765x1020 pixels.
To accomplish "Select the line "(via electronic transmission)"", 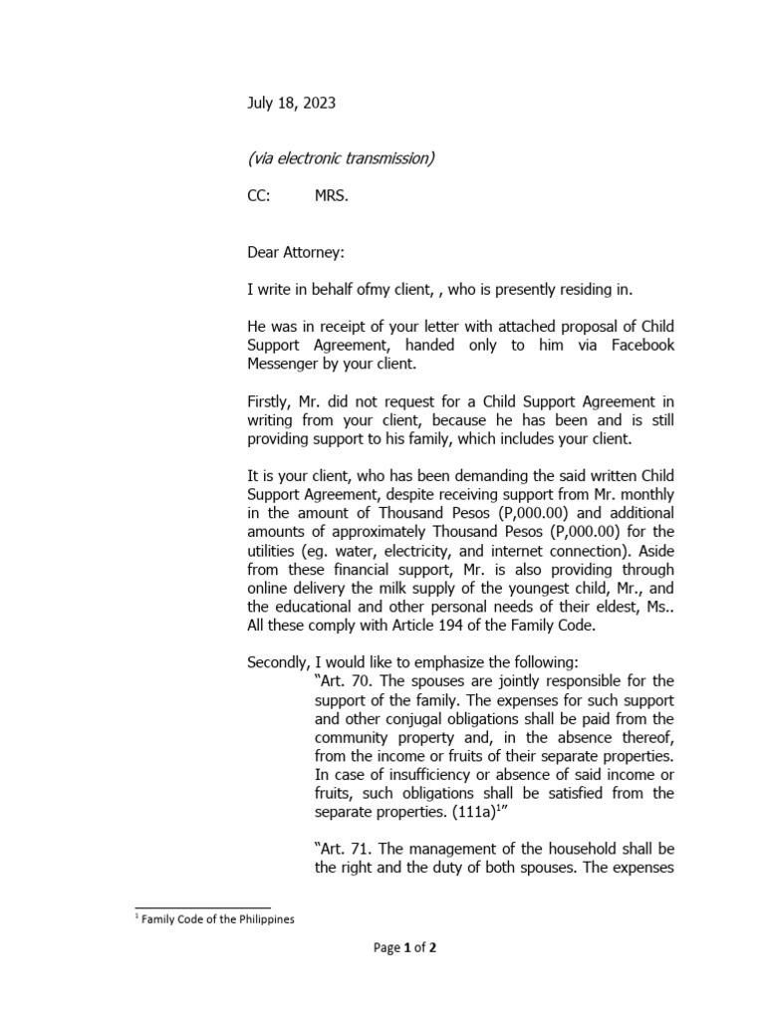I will tap(340, 158).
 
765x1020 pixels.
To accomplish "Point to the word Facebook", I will tap(639, 344).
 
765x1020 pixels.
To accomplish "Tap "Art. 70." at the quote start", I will tap(344, 680).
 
